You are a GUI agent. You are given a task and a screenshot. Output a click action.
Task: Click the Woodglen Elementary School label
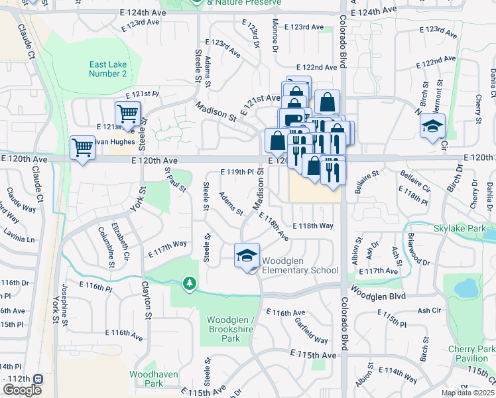pyautogui.click(x=300, y=265)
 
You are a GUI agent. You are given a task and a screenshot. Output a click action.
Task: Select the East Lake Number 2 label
pyautogui.click(x=108, y=69)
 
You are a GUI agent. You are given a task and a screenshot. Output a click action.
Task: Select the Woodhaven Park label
pyautogui.click(x=154, y=379)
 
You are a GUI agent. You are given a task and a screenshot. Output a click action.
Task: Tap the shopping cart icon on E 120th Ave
pyautogui.click(x=83, y=147)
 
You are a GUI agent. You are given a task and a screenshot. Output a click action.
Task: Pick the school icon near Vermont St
pyautogui.click(x=433, y=126)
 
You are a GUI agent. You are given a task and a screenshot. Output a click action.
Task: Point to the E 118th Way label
pyautogui.click(x=312, y=226)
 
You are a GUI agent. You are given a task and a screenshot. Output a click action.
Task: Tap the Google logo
pyautogui.click(x=22, y=390)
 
